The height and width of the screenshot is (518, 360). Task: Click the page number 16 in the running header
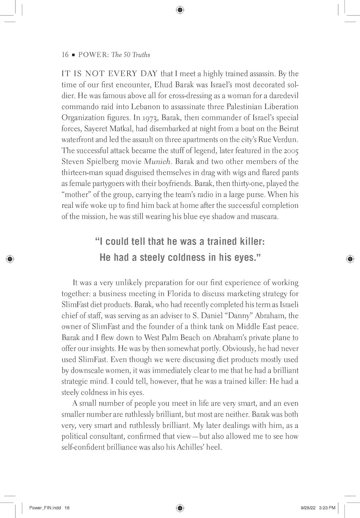[x=65, y=55]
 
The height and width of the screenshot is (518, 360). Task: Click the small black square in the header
[x=73, y=55]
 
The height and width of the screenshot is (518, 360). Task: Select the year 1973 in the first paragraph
[x=149, y=118]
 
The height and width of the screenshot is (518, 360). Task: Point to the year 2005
[x=291, y=151]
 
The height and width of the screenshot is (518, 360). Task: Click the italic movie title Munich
[x=157, y=162]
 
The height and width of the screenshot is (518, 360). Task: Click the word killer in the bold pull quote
[x=250, y=241]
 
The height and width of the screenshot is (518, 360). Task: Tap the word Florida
[x=179, y=294]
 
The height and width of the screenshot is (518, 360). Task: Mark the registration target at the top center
[x=180, y=10]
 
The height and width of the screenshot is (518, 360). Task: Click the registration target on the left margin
[x=10, y=259]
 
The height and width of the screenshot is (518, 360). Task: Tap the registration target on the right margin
[x=350, y=259]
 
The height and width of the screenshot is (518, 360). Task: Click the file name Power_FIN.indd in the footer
[x=45, y=508]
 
